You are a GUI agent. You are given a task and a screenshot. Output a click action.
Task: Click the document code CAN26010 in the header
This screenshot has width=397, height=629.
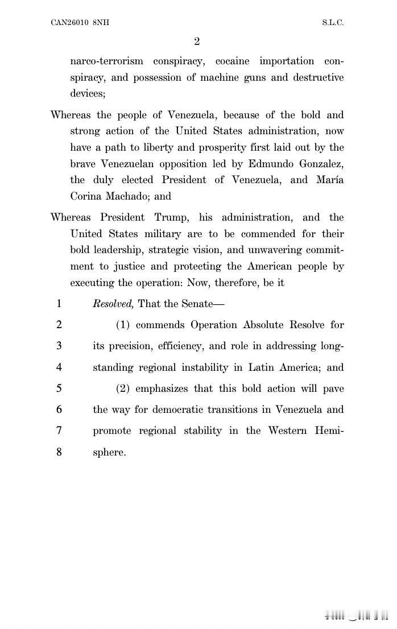(69, 23)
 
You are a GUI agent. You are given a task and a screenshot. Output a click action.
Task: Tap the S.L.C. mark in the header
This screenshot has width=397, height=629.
(332, 23)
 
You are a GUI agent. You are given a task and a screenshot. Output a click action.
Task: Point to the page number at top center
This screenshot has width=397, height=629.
(197, 42)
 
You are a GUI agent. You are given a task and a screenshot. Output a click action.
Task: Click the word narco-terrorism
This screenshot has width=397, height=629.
(106, 61)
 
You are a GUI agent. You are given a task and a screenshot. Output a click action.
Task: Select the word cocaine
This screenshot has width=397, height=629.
(235, 61)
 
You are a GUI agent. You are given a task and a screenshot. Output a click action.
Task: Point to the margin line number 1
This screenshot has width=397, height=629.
(59, 304)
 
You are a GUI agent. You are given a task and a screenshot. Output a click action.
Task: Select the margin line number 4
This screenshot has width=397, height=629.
(59, 367)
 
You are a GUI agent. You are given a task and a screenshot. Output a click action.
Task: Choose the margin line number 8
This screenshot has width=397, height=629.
(59, 453)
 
